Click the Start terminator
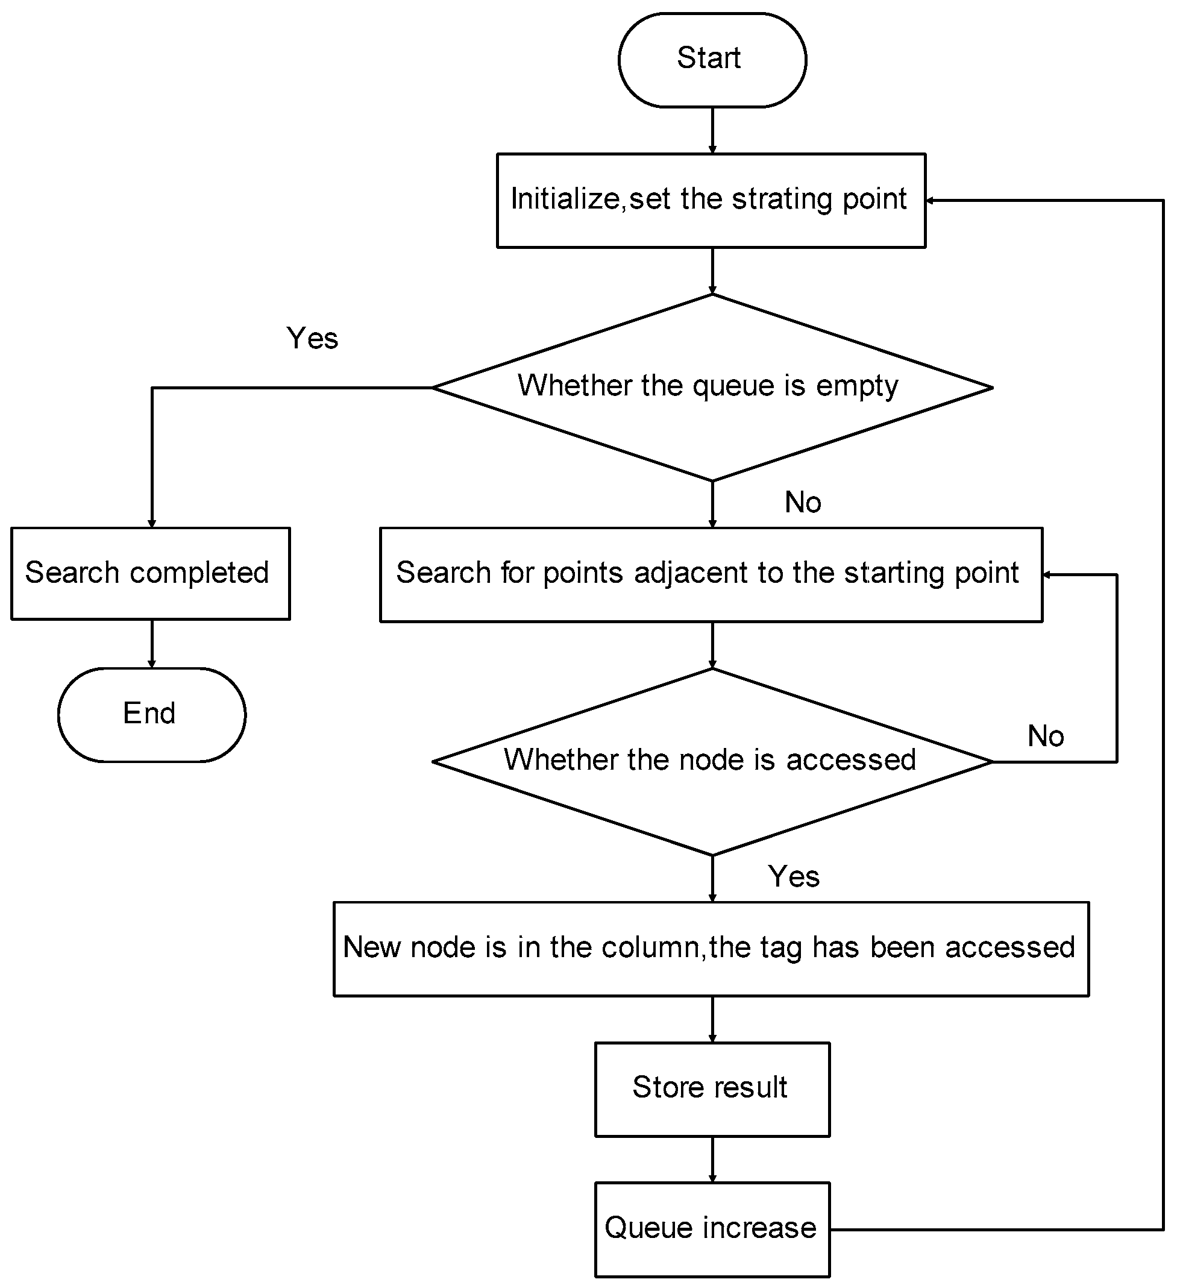coord(712,60)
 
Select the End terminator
coord(151,715)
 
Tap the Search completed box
coord(150,573)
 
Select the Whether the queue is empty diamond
coord(712,387)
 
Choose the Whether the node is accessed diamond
coord(712,761)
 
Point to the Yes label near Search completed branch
coord(312,338)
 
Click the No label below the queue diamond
coord(803,502)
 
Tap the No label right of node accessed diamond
coord(1046,736)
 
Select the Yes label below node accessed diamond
coord(794,876)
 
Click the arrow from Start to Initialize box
coord(712,130)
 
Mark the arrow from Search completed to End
coord(151,644)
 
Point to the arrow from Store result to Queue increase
coord(712,1159)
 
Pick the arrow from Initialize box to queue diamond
coord(712,271)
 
